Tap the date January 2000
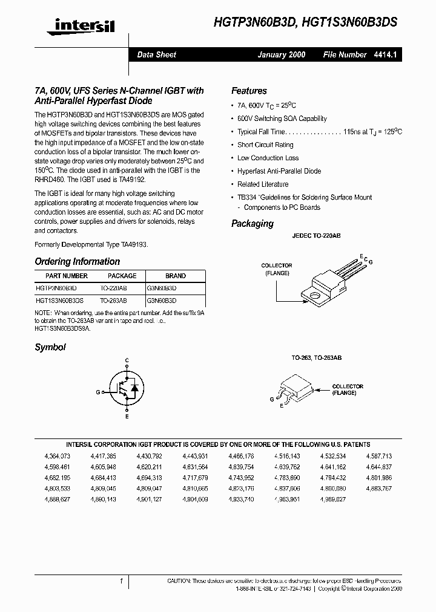[281, 54]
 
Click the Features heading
[249, 91]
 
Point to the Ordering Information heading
[77, 262]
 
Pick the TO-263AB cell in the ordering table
[114, 300]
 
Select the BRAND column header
[176, 276]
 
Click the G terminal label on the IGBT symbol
[97, 392]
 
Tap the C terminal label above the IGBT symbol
[127, 360]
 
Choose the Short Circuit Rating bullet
[265, 145]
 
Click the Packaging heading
[253, 224]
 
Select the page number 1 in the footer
[122, 581]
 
